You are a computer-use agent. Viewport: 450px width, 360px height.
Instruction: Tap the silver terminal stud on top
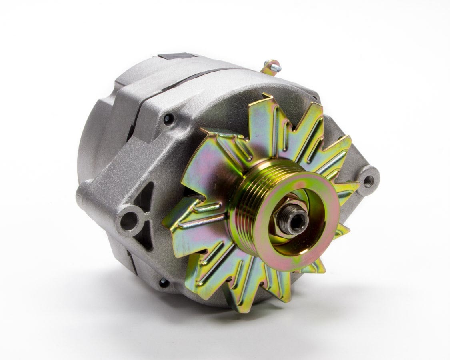tap(277, 68)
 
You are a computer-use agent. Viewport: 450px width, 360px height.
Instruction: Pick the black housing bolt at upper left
tap(168, 118)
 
